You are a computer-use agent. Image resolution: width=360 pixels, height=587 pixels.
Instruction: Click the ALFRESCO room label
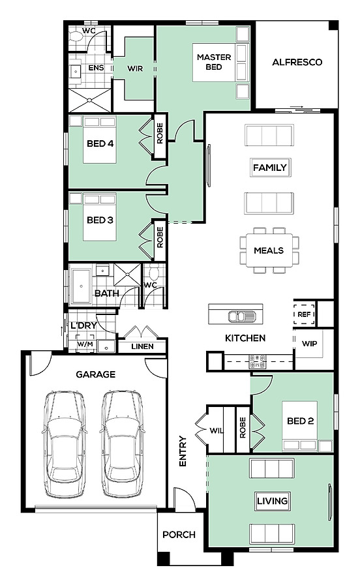pyautogui.click(x=297, y=62)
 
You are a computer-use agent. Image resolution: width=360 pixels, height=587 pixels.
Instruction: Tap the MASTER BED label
pyautogui.click(x=214, y=62)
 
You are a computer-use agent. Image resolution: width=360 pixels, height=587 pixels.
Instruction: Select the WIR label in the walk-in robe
pyautogui.click(x=135, y=68)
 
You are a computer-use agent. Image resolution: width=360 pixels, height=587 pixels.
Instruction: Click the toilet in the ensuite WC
pyautogui.click(x=76, y=37)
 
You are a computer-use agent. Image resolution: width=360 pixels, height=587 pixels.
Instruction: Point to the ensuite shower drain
pyautogui.click(x=89, y=100)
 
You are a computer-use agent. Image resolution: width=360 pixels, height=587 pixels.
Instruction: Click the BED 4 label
pyautogui.click(x=100, y=143)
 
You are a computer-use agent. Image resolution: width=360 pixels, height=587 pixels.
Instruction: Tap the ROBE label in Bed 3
pyautogui.click(x=160, y=237)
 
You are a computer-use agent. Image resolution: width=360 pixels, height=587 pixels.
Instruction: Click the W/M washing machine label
pyautogui.click(x=85, y=344)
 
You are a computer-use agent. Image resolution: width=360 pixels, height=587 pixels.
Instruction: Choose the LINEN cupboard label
pyautogui.click(x=142, y=347)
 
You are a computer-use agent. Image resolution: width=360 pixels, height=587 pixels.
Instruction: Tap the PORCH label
pyautogui.click(x=179, y=535)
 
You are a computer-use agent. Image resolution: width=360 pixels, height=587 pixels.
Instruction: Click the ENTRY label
pyautogui.click(x=183, y=451)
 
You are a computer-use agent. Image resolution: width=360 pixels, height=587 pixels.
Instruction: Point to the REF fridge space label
pyautogui.click(x=304, y=314)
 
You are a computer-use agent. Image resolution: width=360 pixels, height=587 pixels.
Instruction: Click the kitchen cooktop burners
pyautogui.click(x=258, y=361)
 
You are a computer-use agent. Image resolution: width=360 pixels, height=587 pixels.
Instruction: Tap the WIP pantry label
pyautogui.click(x=310, y=344)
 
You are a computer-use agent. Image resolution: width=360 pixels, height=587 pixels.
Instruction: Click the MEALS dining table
pyautogui.click(x=269, y=250)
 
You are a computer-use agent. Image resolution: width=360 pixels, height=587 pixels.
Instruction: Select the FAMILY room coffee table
pyautogui.click(x=270, y=168)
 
